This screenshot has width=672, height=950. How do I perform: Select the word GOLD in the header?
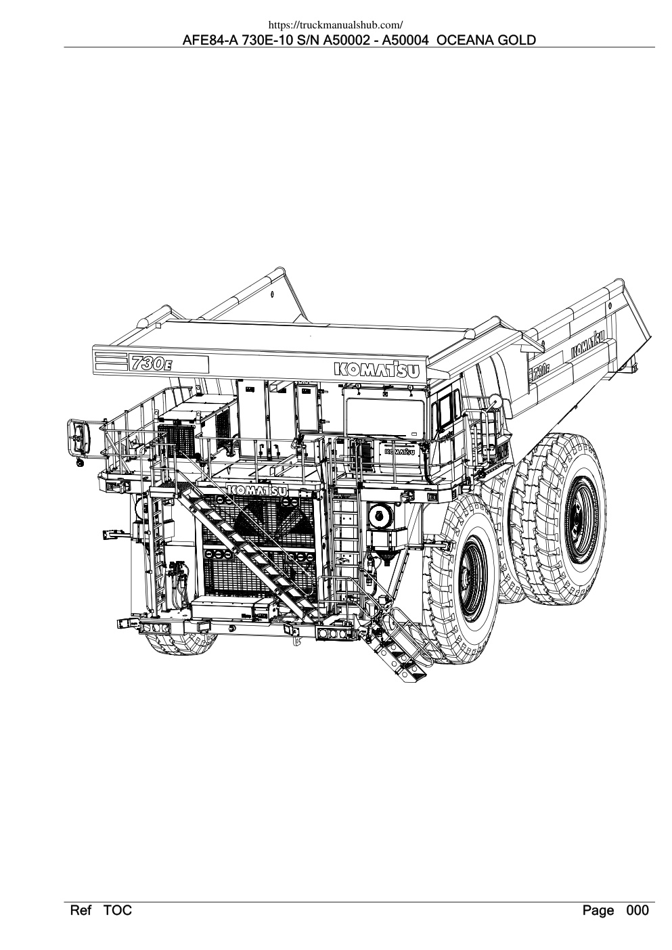(516, 41)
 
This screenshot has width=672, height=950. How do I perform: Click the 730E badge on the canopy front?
(152, 363)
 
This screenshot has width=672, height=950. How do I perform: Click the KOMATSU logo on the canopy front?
(376, 369)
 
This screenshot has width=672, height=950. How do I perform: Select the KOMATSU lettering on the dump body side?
(588, 346)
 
